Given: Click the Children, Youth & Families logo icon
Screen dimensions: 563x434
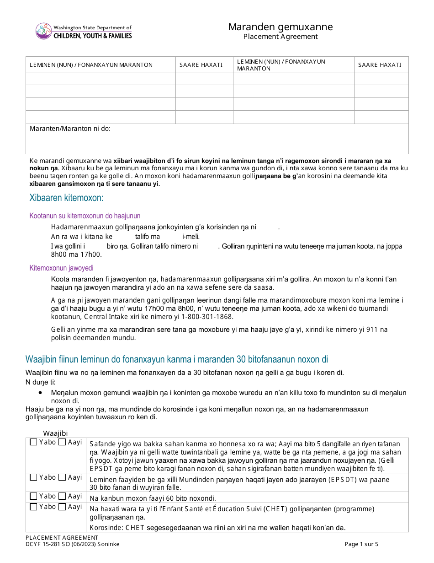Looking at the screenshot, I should coord(43,31).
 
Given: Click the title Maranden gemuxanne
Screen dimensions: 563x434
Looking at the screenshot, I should coord(280,27).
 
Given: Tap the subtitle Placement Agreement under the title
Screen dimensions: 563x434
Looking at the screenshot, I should coord(280,37).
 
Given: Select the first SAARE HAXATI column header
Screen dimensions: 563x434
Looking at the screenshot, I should coord(201,65).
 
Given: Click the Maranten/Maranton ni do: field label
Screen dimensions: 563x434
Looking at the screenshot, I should coord(70,129).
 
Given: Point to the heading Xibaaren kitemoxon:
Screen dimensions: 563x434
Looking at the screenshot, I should coord(66,198).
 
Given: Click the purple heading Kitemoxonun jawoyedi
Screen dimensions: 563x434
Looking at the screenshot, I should coord(61,268).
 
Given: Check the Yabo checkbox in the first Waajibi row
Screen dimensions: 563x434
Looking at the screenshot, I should coord(33,442).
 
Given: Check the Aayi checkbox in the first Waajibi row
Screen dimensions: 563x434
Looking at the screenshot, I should coord(62,442).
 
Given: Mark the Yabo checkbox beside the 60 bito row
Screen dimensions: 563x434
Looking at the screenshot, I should coord(33,496).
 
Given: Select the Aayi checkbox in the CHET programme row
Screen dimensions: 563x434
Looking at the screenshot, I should coord(62,507).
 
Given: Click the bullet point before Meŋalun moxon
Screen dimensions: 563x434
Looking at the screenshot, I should coord(41,393).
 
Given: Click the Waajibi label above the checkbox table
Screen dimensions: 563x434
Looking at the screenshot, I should coord(55,433).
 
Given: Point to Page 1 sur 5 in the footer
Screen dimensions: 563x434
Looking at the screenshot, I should coord(362,544).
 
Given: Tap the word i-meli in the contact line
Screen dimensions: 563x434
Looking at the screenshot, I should coord(191,237).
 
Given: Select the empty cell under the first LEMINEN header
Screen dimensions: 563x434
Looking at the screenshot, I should coord(101,78).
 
